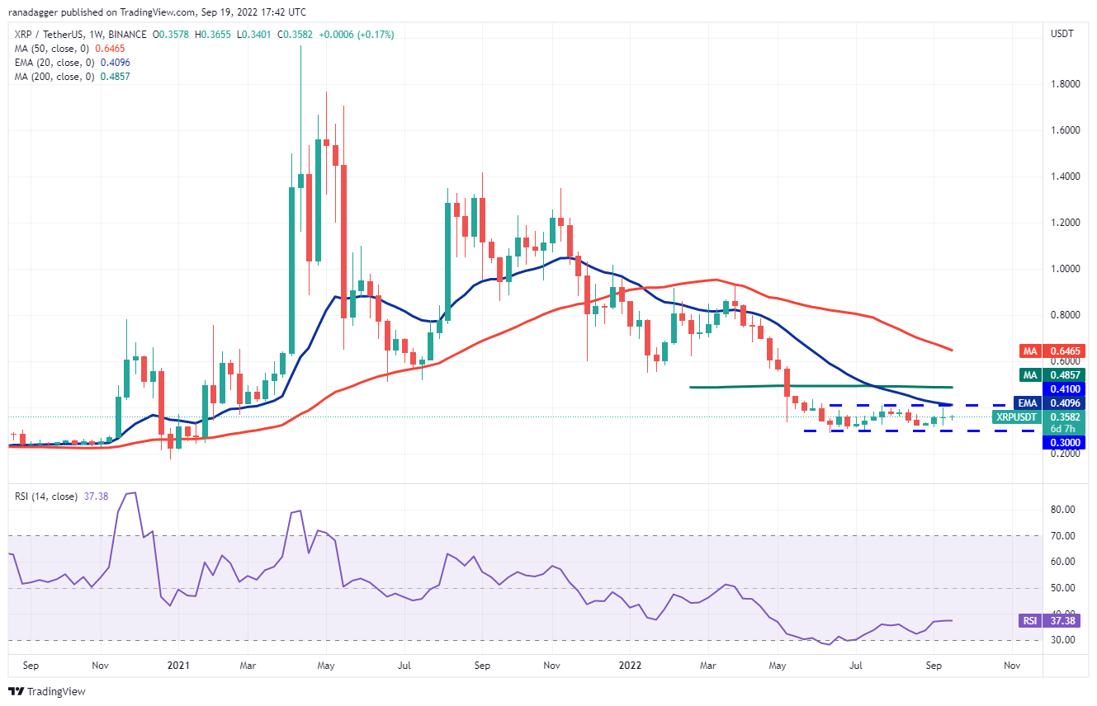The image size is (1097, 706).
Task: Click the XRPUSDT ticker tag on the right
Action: (1014, 417)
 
